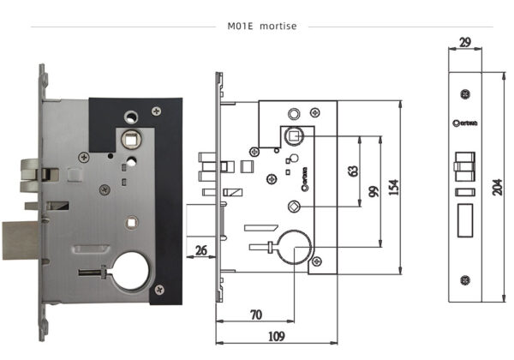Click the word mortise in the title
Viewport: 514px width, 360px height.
pos(278,26)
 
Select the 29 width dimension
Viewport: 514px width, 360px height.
pos(465,42)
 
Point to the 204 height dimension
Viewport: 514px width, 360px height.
pos(498,187)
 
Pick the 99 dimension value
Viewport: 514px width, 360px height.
pos(373,190)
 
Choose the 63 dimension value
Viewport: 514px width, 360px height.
pos(352,170)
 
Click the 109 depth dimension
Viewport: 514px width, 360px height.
pos(275,336)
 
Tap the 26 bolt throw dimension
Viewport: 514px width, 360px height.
pos(201,250)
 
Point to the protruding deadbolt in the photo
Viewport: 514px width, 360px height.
pos(20,239)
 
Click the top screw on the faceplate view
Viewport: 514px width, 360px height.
pos(465,93)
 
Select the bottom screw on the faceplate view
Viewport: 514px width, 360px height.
pos(465,279)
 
